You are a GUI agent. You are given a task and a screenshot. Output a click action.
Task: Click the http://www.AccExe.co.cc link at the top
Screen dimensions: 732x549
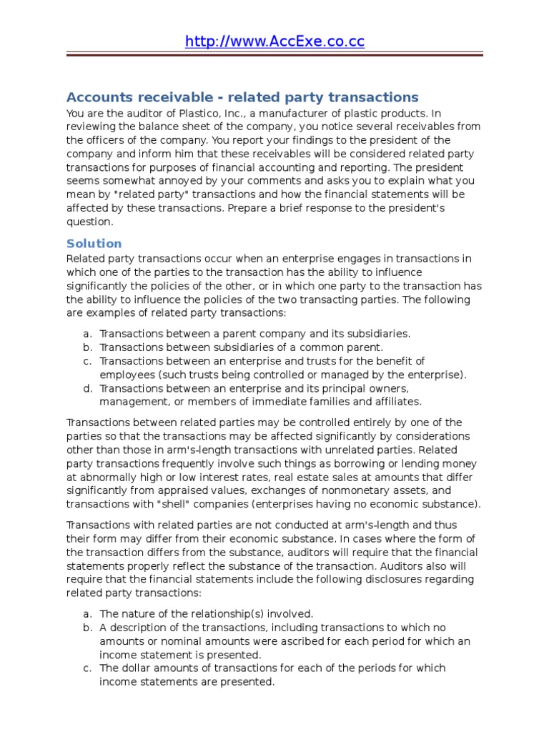[x=274, y=41]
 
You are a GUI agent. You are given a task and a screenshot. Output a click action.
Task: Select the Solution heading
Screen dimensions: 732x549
[x=94, y=243]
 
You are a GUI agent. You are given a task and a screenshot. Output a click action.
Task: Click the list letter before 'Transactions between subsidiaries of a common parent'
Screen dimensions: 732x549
[x=86, y=347]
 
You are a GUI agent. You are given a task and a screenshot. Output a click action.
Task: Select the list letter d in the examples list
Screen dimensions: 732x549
[x=86, y=388]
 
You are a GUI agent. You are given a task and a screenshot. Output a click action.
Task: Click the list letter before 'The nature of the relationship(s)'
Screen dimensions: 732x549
[x=86, y=613]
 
